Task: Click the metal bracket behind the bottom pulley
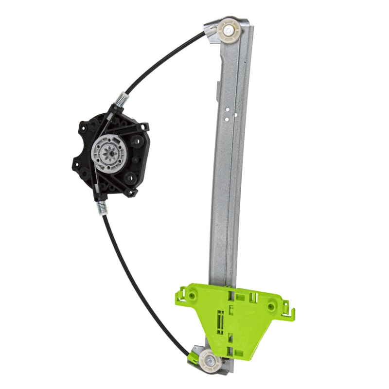[199, 351]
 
